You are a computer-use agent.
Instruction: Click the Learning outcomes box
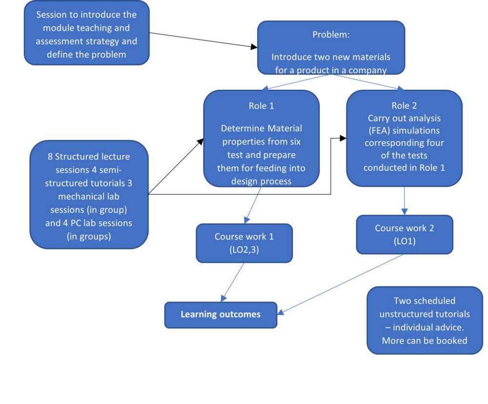tap(221, 315)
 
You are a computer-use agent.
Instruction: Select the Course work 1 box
tap(244, 243)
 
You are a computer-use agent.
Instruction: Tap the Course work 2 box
tap(405, 234)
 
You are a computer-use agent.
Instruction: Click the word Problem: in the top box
tap(331, 35)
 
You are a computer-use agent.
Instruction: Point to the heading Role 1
tap(262, 106)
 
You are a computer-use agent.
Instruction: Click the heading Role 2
tap(404, 105)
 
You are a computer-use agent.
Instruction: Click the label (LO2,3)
tap(244, 250)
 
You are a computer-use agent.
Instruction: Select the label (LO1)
tap(405, 241)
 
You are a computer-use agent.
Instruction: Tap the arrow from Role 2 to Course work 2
tap(404, 201)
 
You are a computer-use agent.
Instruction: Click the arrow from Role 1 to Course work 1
tap(252, 205)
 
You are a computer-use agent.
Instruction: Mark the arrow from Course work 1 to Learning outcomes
tap(232, 283)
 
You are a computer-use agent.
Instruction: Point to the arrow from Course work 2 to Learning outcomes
tap(340, 284)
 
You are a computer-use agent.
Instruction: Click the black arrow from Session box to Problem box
tap(203, 40)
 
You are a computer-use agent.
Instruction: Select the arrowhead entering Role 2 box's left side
tap(343, 138)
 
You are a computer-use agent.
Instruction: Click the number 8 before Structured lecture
tap(50, 157)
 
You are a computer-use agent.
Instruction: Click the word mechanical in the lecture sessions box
tap(89, 197)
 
